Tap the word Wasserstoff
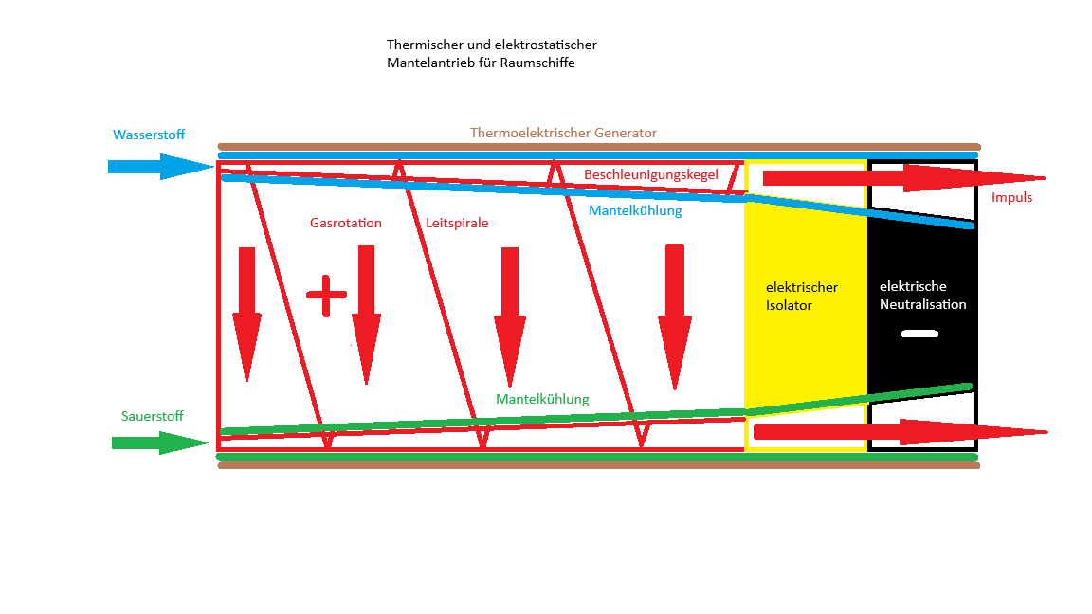(x=150, y=134)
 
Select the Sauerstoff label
(x=152, y=416)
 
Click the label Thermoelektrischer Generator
(x=563, y=133)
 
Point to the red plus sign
(x=327, y=296)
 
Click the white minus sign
(x=919, y=334)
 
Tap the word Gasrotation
(x=346, y=224)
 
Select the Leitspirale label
(x=457, y=224)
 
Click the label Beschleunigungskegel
(x=650, y=175)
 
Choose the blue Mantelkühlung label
(x=635, y=211)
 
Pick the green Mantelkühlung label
(x=542, y=400)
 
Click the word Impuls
(x=1011, y=198)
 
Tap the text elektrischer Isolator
(x=802, y=296)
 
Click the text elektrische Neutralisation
(x=922, y=296)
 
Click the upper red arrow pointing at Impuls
(x=901, y=177)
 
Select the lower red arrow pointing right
(x=901, y=432)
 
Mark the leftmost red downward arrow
(x=247, y=313)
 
